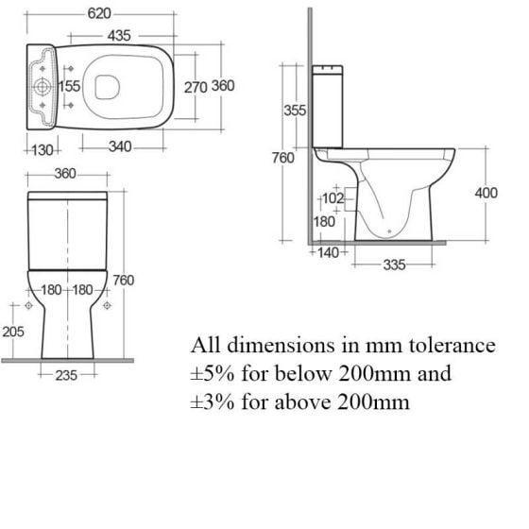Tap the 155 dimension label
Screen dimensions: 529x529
tap(69, 86)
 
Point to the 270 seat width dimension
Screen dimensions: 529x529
tap(195, 86)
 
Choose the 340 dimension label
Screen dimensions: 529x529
tap(119, 148)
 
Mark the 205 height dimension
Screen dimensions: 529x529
tap(13, 332)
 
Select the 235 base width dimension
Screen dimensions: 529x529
tap(65, 375)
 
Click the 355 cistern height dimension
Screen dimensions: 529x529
tap(295, 111)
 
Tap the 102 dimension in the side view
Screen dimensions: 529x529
tap(333, 199)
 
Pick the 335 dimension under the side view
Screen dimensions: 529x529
tap(394, 265)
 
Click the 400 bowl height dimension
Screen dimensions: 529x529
tap(486, 193)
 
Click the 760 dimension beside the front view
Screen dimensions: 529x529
tap(123, 280)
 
